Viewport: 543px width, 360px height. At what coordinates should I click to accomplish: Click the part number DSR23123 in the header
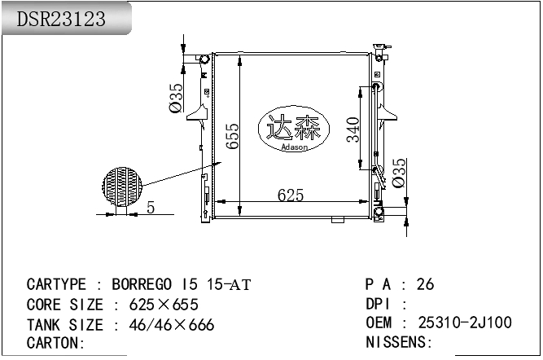click(x=62, y=20)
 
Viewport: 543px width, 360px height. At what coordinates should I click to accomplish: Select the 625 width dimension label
click(x=291, y=195)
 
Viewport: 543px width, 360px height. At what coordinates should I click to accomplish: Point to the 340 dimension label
click(x=353, y=130)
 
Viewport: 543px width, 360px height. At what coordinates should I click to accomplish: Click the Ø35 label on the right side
click(x=399, y=173)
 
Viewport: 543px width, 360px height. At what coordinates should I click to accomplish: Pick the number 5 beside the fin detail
click(x=151, y=208)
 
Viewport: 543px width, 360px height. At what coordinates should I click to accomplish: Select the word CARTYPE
click(x=56, y=284)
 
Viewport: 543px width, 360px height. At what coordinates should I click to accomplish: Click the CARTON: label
click(x=56, y=344)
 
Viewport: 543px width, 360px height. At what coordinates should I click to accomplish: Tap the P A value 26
click(x=425, y=284)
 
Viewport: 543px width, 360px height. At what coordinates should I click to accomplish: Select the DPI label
click(x=381, y=304)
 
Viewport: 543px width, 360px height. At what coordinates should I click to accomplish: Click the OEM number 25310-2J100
click(x=465, y=323)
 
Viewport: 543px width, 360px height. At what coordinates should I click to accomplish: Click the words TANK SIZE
click(x=65, y=325)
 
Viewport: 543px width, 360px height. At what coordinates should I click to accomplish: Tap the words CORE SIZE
click(x=65, y=305)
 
